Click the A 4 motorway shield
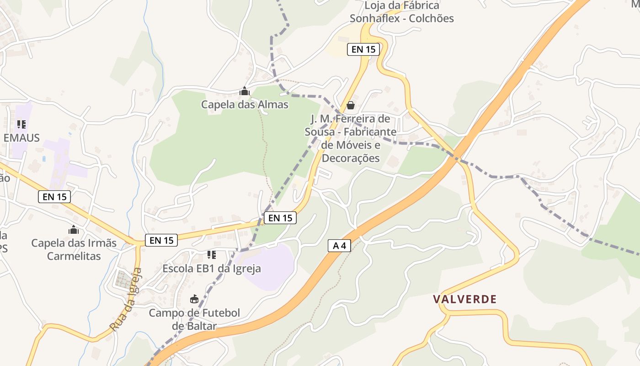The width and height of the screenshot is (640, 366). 339,246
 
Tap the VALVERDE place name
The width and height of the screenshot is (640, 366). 464,299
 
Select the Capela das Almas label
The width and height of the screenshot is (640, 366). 245,104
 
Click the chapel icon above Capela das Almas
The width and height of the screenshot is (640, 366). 245,91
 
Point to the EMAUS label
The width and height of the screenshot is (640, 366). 21,138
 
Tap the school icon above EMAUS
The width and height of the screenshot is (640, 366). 21,124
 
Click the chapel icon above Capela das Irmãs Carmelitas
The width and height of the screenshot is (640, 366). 74,229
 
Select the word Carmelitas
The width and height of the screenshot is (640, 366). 74,256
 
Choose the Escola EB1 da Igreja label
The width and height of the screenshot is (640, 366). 212,268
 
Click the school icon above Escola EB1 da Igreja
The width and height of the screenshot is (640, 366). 211,254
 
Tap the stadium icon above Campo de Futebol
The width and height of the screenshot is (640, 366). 194,300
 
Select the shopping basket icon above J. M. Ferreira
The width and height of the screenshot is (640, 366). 351,105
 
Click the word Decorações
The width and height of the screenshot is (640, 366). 351,158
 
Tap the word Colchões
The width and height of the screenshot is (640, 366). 431,18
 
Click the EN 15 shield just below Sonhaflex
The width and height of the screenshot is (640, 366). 363,49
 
